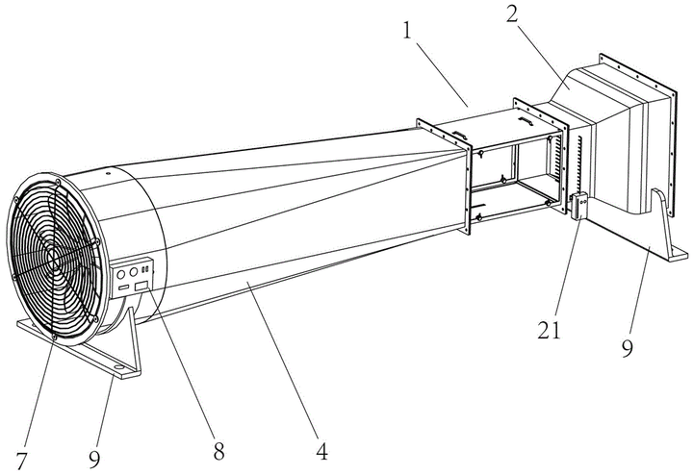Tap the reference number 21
pyautogui.click(x=549, y=329)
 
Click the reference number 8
pyautogui.click(x=218, y=450)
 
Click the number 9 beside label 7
pyautogui.click(x=94, y=460)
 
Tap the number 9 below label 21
pyautogui.click(x=628, y=347)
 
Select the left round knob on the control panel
pyautogui.click(x=120, y=275)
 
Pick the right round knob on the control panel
pyautogui.click(x=133, y=271)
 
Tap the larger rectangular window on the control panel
pyautogui.click(x=141, y=286)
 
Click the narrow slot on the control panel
pyautogui.click(x=123, y=287)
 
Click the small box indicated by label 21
pyautogui.click(x=579, y=206)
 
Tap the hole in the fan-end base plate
pyautogui.click(x=119, y=366)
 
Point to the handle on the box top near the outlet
pyautogui.click(x=526, y=120)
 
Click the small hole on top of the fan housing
pyautogui.click(x=108, y=173)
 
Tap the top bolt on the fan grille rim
pyautogui.click(x=58, y=182)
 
